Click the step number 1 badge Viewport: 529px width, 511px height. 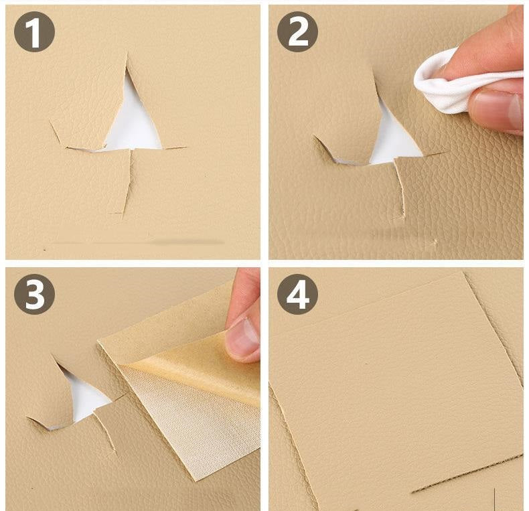[34, 31]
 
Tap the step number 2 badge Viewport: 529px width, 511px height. [297, 31]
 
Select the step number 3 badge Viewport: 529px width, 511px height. [34, 294]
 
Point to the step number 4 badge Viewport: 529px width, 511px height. [297, 294]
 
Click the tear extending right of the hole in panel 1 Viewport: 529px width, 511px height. [173, 147]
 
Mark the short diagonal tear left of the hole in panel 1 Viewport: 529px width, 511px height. [58, 133]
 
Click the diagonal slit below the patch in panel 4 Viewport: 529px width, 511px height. [467, 473]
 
